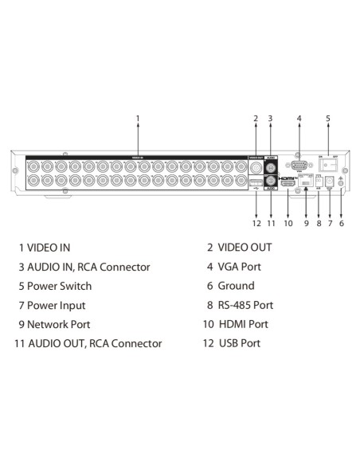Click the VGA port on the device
(x=299, y=166)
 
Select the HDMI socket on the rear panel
(x=288, y=184)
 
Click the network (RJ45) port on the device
(x=307, y=184)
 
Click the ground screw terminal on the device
(x=342, y=183)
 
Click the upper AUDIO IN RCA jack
(x=271, y=166)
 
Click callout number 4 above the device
(x=299, y=119)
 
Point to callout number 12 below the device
(x=256, y=224)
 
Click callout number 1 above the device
(x=138, y=119)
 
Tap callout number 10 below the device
(x=288, y=224)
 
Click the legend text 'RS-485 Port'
(x=245, y=305)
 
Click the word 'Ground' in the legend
(x=236, y=286)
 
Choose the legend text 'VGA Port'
(x=239, y=267)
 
